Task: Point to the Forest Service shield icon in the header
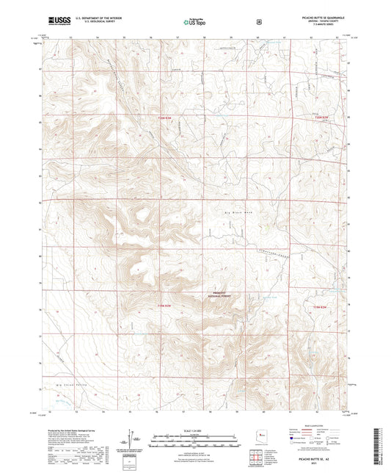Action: [x=257, y=22]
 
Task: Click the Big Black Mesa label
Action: [x=238, y=212]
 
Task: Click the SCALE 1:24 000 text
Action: [x=195, y=429]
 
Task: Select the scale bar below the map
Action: [x=195, y=436]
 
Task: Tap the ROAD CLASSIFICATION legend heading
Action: [x=321, y=430]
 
